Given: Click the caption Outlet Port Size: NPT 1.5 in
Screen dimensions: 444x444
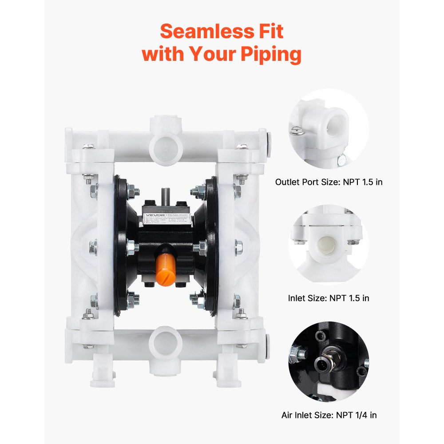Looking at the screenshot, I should point(329,182).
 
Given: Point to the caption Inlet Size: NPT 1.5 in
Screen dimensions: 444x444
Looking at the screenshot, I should point(329,298).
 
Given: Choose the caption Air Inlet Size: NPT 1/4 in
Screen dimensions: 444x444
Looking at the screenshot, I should point(329,415).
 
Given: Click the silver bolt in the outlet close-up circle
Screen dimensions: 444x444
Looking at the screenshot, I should point(295,130).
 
